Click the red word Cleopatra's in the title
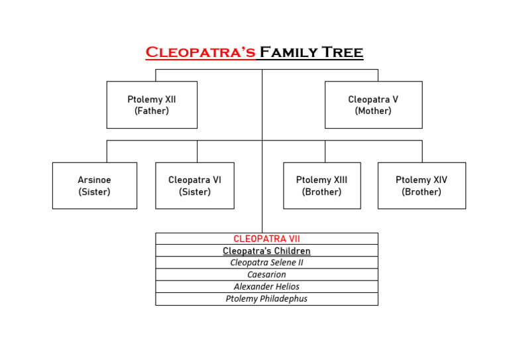[200, 52]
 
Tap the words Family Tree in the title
[310, 52]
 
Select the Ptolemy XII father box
[152, 105]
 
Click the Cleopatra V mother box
[373, 105]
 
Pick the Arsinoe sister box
[95, 186]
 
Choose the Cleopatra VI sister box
[195, 186]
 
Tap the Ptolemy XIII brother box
[322, 186]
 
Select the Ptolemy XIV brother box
[422, 186]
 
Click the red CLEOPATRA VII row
[266, 239]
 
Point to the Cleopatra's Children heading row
[266, 251]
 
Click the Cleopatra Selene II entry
[266, 263]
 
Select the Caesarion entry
[266, 274]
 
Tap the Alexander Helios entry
[266, 286]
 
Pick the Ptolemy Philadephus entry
[266, 298]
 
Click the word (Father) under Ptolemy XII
[152, 111]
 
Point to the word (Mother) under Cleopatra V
[373, 111]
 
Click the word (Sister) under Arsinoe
[95, 192]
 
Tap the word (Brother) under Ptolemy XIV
[422, 192]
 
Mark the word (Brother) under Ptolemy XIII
[322, 192]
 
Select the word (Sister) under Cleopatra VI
[195, 192]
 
